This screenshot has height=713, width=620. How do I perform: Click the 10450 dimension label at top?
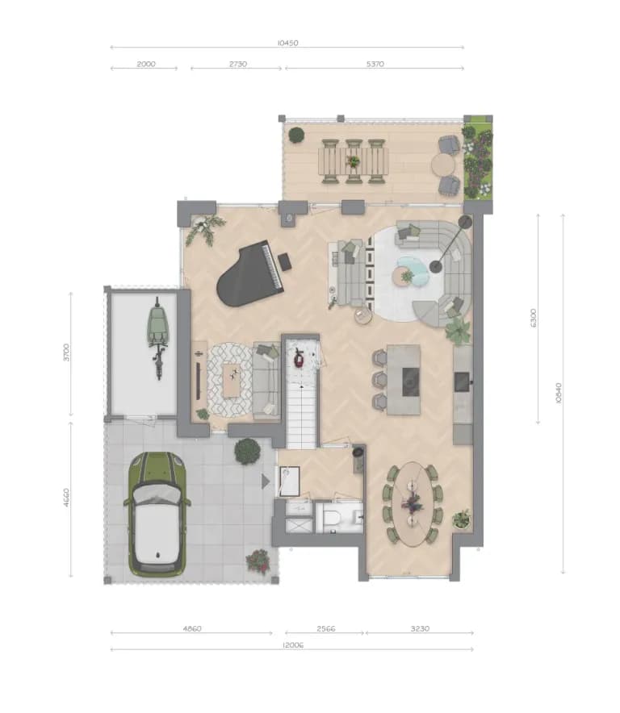[287, 44]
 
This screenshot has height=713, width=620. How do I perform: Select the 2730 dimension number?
[238, 64]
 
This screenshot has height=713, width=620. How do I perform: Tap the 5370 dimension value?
[375, 64]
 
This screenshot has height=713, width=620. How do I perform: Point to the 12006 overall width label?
[293, 644]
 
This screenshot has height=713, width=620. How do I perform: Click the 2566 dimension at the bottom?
[326, 628]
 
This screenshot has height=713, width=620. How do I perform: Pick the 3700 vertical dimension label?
[66, 352]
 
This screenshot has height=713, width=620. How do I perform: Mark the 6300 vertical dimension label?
[534, 318]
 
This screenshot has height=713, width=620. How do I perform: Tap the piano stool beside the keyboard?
[284, 261]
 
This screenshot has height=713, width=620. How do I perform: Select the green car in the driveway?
[157, 515]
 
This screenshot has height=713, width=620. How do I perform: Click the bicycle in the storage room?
[158, 337]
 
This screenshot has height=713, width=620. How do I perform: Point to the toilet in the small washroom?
[330, 518]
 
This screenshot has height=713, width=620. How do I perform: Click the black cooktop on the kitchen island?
[411, 382]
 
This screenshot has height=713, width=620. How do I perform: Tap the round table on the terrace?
[443, 165]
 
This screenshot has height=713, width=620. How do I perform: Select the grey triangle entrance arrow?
[266, 481]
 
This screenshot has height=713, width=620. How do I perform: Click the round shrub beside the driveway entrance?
[247, 451]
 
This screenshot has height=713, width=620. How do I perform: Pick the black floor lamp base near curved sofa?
[436, 266]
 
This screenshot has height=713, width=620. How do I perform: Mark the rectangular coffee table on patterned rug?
[231, 380]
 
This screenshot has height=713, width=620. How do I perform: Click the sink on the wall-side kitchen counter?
[462, 382]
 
